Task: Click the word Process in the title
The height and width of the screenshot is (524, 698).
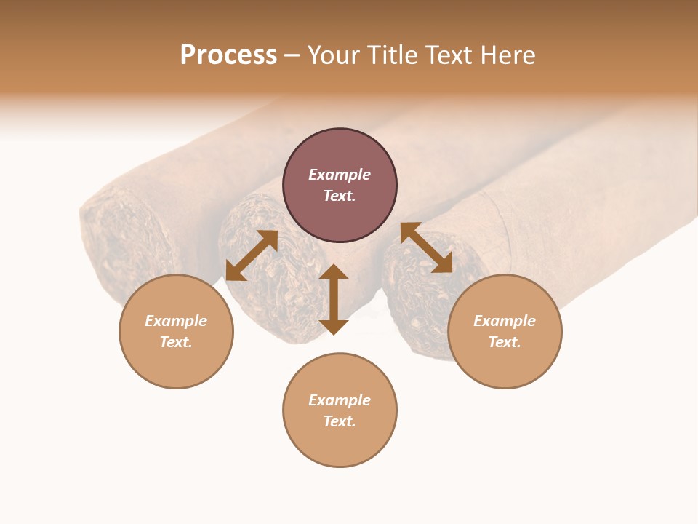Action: (228, 55)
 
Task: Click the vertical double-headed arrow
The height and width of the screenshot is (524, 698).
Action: (334, 299)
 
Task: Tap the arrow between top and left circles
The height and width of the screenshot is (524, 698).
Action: (252, 255)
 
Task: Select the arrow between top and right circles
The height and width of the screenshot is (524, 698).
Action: (426, 247)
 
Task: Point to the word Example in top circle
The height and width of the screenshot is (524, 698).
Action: (340, 175)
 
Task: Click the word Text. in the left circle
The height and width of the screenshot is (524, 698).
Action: (176, 342)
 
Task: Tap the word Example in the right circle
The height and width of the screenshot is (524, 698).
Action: (505, 321)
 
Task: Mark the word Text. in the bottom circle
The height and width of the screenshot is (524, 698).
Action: (340, 421)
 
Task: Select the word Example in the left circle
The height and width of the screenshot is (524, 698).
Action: (176, 321)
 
